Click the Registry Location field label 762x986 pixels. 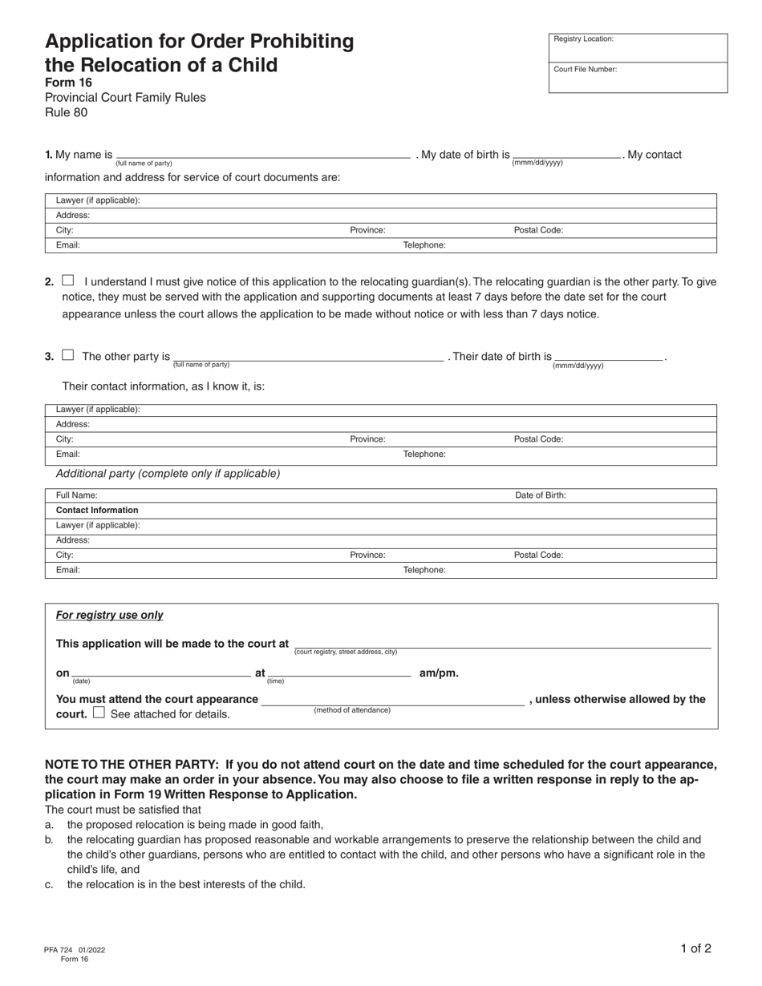[x=583, y=38]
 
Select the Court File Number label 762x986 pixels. [x=585, y=69]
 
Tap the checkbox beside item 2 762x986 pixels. [x=68, y=281]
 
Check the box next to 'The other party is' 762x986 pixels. [x=68, y=355]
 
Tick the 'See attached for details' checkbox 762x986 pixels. [x=99, y=712]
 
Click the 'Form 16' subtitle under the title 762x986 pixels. [x=68, y=83]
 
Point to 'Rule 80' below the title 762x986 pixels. [x=66, y=112]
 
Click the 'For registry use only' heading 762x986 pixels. [x=109, y=615]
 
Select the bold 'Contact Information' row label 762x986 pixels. [x=97, y=510]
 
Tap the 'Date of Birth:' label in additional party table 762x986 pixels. [x=540, y=495]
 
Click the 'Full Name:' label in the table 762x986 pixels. [x=76, y=495]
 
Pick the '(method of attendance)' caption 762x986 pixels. [x=352, y=710]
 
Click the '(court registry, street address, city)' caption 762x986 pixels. [x=345, y=652]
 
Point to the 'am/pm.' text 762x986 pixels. [x=439, y=673]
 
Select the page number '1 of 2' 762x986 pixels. [x=695, y=948]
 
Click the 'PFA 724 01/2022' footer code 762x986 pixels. [x=75, y=950]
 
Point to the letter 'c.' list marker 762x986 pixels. [x=50, y=885]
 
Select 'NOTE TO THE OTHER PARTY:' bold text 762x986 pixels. [x=132, y=764]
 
